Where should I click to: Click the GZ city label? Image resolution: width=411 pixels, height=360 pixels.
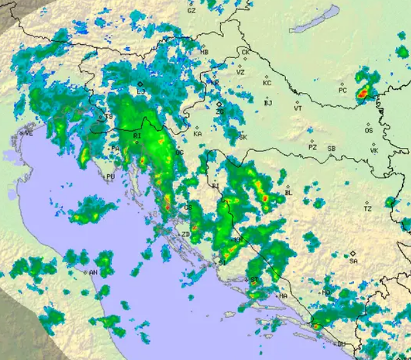[x=192, y=11]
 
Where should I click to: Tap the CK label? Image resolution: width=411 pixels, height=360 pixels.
[x=246, y=52]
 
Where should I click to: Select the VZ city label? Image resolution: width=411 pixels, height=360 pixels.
[x=241, y=72]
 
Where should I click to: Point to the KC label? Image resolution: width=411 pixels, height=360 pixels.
[x=267, y=83]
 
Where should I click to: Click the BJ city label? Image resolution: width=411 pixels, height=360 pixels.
[x=268, y=103]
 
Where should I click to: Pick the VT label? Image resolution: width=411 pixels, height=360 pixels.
[x=298, y=109]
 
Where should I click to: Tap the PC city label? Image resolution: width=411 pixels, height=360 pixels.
[x=343, y=90]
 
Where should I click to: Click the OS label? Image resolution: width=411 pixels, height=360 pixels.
[x=369, y=131]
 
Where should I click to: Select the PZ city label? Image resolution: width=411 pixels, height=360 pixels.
[x=313, y=147]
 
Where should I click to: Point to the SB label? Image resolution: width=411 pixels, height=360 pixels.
[x=331, y=148]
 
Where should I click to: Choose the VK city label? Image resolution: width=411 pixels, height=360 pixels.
[x=374, y=151]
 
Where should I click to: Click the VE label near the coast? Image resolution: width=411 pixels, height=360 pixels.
[x=28, y=133]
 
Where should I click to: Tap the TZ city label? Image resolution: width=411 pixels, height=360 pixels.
[x=367, y=208]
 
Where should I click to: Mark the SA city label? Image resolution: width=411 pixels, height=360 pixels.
[x=354, y=261]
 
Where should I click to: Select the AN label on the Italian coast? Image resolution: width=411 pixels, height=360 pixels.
[x=93, y=272]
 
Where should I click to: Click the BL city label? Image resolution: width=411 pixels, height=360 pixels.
[x=289, y=193]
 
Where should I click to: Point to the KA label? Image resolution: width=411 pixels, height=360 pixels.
[x=198, y=134]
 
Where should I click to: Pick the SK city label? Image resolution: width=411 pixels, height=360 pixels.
[x=243, y=137]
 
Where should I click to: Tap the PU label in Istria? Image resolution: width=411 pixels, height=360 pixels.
[x=110, y=177]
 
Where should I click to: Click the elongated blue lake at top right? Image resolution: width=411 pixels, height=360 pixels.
[x=316, y=19]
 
